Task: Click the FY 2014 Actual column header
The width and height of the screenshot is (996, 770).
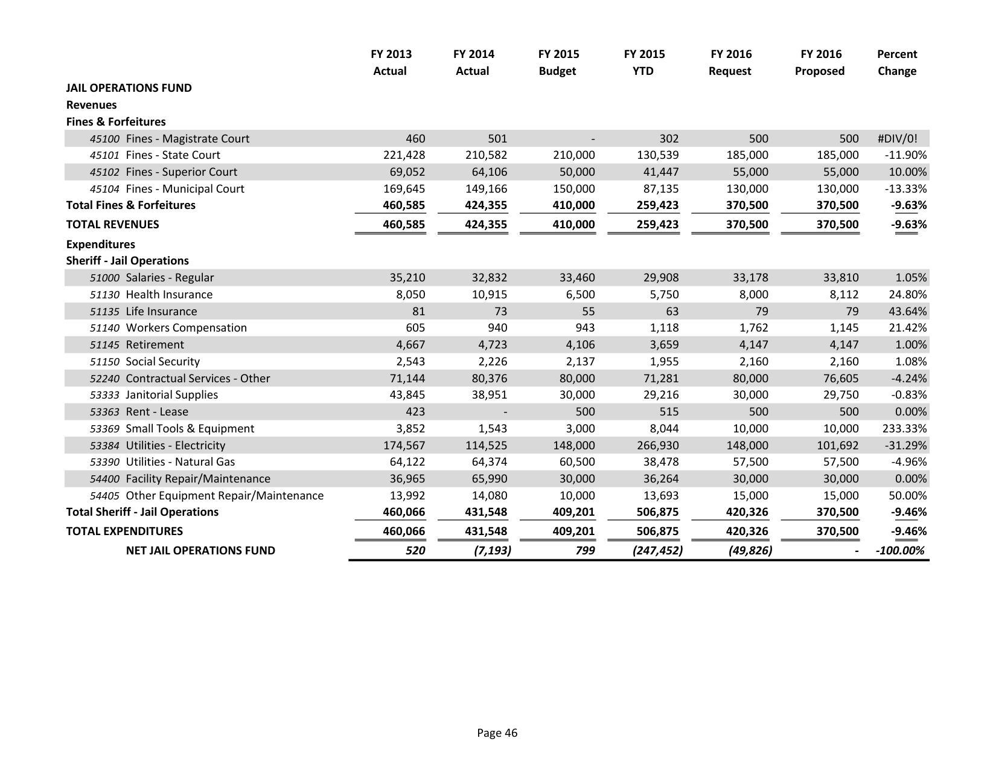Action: (473, 62)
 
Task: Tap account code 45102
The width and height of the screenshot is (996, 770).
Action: (104, 172)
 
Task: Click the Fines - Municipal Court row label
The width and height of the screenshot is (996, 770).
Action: (185, 189)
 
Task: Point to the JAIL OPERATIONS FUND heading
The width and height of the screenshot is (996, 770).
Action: (129, 88)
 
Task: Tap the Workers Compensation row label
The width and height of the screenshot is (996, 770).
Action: (186, 328)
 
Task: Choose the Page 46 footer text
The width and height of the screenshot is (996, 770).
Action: (497, 733)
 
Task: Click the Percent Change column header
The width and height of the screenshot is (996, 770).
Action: (896, 62)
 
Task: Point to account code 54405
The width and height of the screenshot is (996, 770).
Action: (104, 496)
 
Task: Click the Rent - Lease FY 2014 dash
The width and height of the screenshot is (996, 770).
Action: (505, 412)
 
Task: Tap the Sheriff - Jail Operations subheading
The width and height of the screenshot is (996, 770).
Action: (127, 261)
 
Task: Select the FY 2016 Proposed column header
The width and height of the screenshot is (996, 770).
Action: (819, 62)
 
